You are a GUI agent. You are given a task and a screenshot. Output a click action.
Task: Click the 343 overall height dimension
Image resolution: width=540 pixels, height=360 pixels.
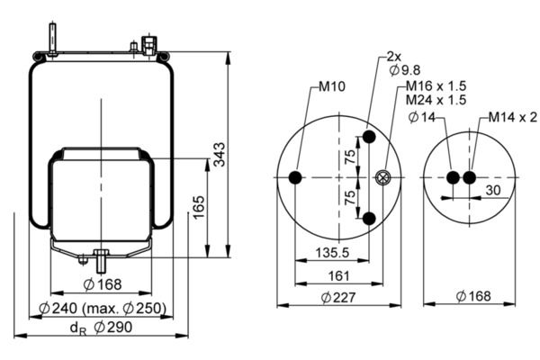(x=219, y=155)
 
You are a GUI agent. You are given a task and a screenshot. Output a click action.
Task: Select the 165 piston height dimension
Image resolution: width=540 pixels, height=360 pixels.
(x=199, y=207)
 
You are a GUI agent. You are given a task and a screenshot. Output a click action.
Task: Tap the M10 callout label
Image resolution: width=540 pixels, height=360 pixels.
(x=331, y=86)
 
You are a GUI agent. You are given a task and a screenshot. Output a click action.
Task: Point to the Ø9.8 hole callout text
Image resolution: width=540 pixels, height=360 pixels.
(x=405, y=70)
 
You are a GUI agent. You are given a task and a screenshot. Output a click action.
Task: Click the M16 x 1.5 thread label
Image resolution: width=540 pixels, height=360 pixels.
(x=436, y=85)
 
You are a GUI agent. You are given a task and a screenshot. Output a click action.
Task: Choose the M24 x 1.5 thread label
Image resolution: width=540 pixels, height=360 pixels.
(x=436, y=100)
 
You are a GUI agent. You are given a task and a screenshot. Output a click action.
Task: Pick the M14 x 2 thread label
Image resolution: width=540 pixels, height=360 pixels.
(x=513, y=118)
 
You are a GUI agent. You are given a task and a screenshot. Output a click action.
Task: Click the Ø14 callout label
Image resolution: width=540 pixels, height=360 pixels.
(x=422, y=118)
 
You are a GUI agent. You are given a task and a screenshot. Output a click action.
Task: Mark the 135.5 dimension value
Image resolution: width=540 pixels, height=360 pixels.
(x=332, y=253)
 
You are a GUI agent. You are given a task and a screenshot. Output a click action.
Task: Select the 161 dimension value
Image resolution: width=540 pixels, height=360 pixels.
(x=339, y=276)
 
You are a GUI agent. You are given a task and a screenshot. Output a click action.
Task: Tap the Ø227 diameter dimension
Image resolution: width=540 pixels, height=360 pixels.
(x=337, y=297)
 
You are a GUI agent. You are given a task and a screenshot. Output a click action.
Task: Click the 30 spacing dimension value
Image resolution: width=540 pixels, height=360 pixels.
(x=493, y=190)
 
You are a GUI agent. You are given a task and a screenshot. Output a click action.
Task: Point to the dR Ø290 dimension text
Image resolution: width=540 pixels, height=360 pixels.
(x=101, y=328)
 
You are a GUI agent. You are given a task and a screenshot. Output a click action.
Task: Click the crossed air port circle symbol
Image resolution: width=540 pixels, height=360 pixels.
(x=382, y=178)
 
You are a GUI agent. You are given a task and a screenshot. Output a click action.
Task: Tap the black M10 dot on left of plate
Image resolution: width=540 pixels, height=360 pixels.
(x=295, y=178)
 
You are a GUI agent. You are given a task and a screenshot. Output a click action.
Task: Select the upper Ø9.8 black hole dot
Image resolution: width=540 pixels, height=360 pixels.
(x=369, y=137)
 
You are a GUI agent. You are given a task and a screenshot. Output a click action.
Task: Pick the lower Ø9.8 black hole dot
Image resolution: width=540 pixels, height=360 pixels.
(x=369, y=218)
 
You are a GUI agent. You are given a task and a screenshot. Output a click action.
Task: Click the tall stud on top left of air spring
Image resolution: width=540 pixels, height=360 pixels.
(x=52, y=39)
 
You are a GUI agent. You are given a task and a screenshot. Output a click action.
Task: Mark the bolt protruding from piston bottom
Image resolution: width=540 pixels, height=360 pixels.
(x=101, y=261)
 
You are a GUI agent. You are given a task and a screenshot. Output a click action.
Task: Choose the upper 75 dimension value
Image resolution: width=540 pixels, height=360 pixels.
(x=349, y=157)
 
